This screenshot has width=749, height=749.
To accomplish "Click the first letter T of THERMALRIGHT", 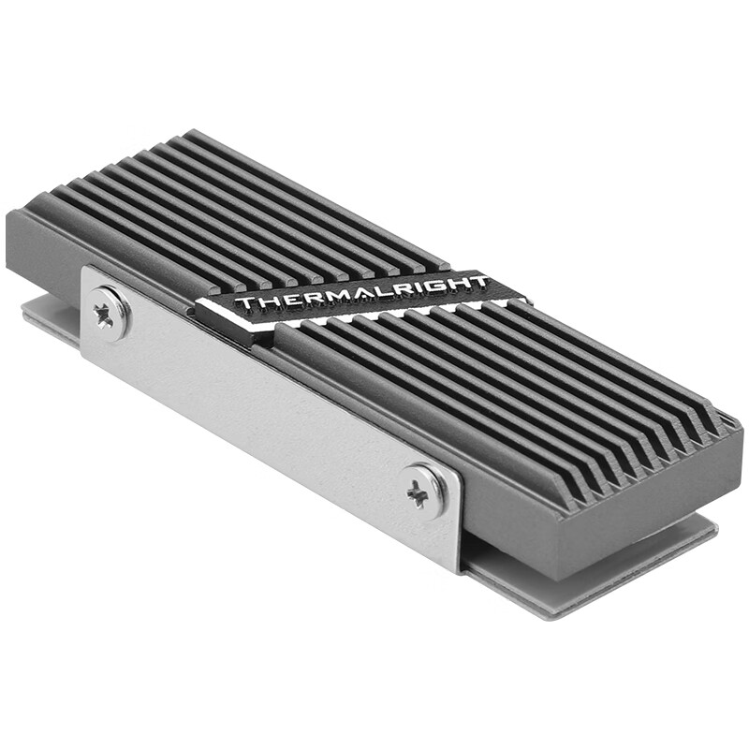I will click(241, 304).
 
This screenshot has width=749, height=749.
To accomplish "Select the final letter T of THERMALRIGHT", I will click(478, 282).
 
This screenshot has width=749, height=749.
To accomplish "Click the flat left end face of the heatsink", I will click(42, 248).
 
